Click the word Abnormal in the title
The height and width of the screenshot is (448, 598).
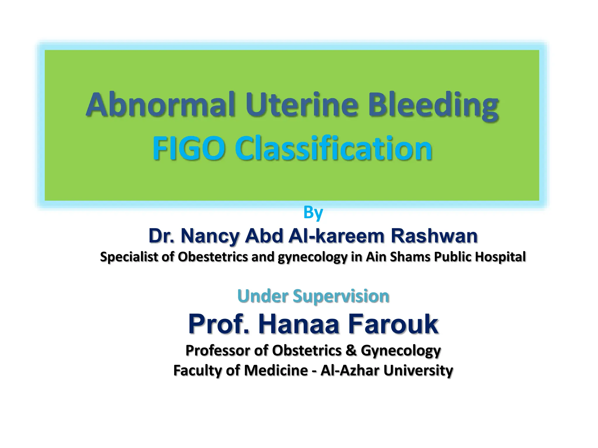(x=161, y=105)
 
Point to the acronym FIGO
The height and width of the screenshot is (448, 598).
(x=189, y=148)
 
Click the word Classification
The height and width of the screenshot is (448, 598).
(x=333, y=148)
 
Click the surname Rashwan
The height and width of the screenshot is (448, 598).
(x=434, y=236)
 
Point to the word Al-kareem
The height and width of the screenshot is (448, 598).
(x=336, y=236)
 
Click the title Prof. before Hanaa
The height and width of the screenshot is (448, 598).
(x=219, y=324)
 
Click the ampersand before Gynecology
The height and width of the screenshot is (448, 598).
(x=351, y=350)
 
